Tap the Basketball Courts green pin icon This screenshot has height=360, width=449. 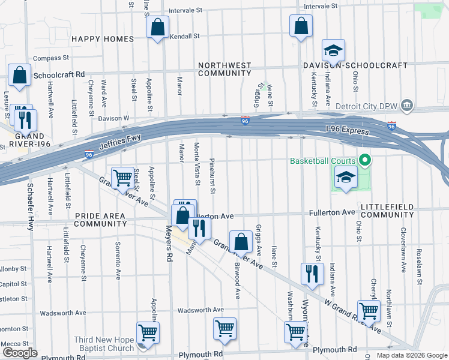click(x=364, y=160)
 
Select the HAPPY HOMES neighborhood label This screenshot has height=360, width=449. click(x=103, y=39)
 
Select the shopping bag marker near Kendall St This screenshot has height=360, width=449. click(x=157, y=28)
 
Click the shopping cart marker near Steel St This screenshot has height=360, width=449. click(x=122, y=177)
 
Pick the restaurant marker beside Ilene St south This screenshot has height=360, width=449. click(x=312, y=274)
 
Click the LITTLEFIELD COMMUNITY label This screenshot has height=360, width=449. click(x=387, y=210)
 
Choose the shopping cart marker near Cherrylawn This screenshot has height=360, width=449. click(x=369, y=310)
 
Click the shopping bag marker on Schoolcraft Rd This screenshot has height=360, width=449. click(x=20, y=76)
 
